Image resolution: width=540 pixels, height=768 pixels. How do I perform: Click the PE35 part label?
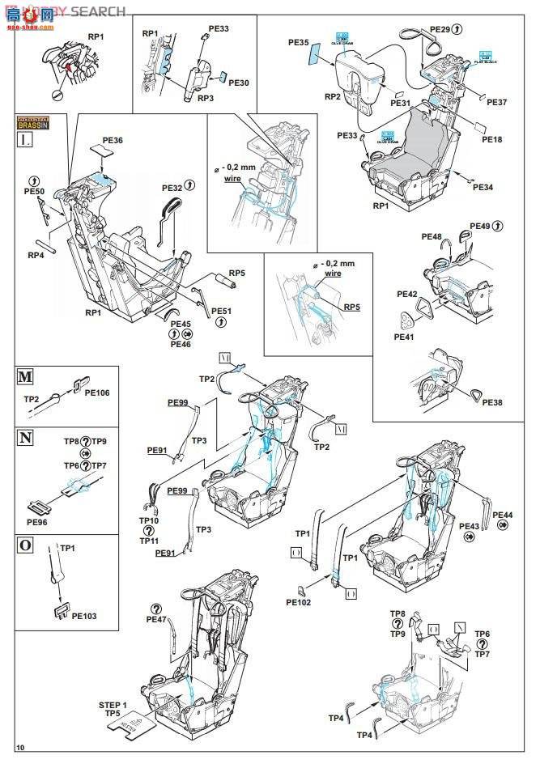[299, 42]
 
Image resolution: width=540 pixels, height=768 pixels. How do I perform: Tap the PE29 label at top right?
[440, 29]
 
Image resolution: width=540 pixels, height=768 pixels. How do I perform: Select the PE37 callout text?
[497, 102]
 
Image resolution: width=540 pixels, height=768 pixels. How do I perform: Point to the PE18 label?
[491, 139]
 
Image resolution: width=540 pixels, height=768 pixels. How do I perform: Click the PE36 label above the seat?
[113, 140]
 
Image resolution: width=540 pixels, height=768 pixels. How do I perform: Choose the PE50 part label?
[34, 191]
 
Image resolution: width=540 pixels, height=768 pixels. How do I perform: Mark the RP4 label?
[36, 255]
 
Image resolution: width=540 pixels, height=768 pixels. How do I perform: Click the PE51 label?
[221, 311]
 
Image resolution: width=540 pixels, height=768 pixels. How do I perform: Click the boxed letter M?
[25, 377]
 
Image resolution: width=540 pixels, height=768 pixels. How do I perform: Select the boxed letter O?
[25, 544]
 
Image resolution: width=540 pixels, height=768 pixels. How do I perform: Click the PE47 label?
[156, 619]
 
